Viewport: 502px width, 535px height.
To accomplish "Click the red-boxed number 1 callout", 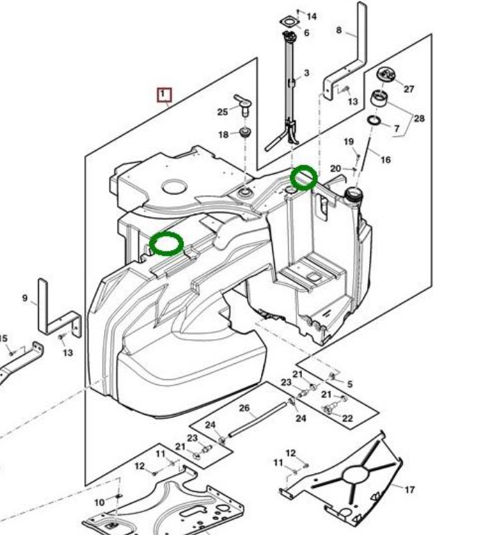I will click(x=164, y=94).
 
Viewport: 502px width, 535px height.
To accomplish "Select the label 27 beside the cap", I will click(x=409, y=89).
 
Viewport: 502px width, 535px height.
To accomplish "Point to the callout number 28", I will click(x=419, y=118).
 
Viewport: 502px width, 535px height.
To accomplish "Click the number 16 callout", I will click(x=385, y=159).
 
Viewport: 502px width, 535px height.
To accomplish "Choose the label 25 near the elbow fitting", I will click(x=222, y=111).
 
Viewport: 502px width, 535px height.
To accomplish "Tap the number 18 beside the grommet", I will click(x=223, y=134).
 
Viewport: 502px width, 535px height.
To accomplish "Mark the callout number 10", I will click(x=99, y=501).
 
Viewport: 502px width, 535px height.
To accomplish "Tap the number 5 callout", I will click(x=350, y=383).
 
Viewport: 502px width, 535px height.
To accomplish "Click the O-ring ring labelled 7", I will click(x=374, y=122).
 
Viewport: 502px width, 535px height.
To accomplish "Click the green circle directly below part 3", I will click(x=303, y=177).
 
